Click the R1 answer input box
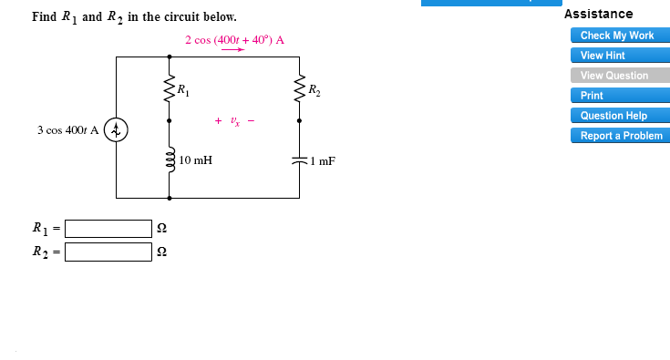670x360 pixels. [108, 228]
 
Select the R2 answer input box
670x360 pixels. [108, 252]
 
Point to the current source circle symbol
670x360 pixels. [116, 130]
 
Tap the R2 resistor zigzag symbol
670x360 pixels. [300, 89]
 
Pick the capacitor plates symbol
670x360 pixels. [300, 160]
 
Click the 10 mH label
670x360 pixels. [196, 160]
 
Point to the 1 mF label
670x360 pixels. [322, 161]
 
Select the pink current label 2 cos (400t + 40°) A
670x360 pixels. [234, 40]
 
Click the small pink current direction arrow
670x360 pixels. [234, 50]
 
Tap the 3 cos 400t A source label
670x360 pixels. [67, 130]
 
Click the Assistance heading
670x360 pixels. [598, 14]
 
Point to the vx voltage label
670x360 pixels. [234, 120]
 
